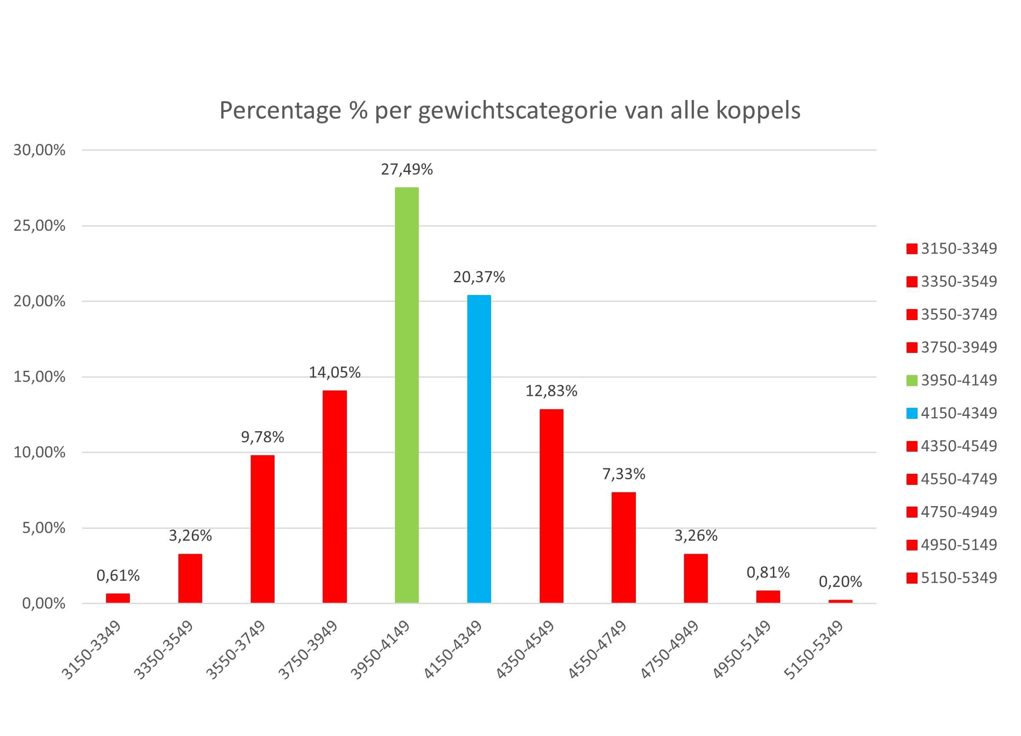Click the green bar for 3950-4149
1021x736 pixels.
(x=406, y=395)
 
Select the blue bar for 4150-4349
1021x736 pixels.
(x=479, y=449)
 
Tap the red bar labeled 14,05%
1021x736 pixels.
(x=335, y=496)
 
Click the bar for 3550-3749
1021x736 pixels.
(x=263, y=529)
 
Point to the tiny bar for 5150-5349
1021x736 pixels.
(x=840, y=601)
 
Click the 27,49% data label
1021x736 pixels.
(x=406, y=170)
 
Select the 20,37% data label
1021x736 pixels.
(x=479, y=277)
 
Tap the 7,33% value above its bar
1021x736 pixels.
(x=623, y=474)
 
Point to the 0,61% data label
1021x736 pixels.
(x=118, y=575)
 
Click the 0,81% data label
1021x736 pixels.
(x=768, y=573)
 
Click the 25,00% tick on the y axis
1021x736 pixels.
(x=40, y=226)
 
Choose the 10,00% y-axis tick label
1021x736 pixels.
(x=40, y=452)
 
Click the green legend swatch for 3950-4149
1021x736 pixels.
(x=912, y=381)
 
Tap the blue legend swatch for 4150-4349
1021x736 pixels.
(x=912, y=414)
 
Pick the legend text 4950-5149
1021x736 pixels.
(x=959, y=545)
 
